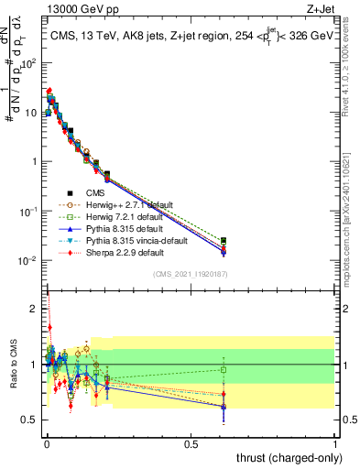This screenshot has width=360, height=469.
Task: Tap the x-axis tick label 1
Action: coord(335,444)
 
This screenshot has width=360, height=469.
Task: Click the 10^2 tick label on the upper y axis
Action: coord(29,63)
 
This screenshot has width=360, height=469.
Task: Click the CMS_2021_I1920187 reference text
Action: coord(189,273)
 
